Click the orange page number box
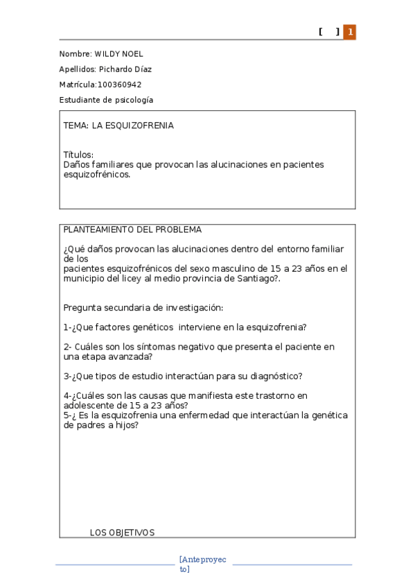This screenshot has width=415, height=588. click(x=350, y=32)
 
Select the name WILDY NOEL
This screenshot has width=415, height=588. click(x=118, y=54)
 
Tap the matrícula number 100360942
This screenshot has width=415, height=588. click(x=119, y=85)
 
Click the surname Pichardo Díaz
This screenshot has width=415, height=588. click(x=125, y=69)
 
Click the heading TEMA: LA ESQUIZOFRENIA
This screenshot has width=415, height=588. click(x=118, y=126)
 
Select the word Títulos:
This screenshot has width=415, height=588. click(x=78, y=155)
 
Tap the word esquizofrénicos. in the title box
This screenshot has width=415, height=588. click(x=96, y=175)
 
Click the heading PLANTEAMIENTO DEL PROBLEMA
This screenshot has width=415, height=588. click(x=132, y=230)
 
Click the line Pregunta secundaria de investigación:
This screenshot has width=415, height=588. click(x=143, y=307)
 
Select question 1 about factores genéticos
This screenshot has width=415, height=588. click(x=185, y=327)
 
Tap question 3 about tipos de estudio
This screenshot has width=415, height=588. click(x=183, y=377)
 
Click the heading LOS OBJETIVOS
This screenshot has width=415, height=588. click(x=122, y=533)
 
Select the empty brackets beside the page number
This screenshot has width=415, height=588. click(x=329, y=32)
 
